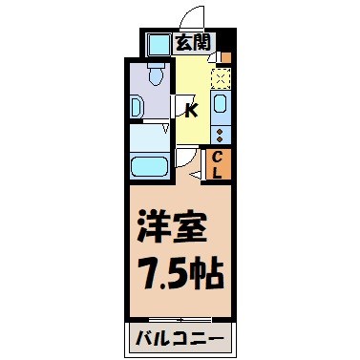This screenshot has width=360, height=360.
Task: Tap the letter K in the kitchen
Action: pyautogui.click(x=190, y=109)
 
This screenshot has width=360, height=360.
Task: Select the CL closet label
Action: pyautogui.click(x=218, y=164)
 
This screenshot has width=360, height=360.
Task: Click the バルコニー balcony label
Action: pyautogui.click(x=179, y=339)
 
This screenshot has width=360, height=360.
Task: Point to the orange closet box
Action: pyautogui.click(x=218, y=164)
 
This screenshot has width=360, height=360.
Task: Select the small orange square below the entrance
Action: pyautogui.click(x=224, y=57)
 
